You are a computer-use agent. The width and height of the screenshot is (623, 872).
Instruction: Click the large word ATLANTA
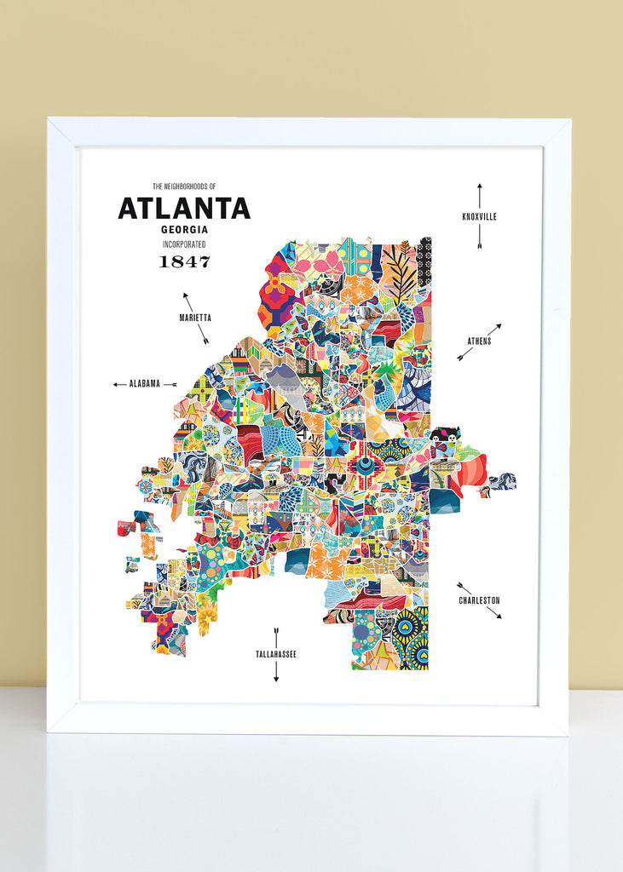pos(184,209)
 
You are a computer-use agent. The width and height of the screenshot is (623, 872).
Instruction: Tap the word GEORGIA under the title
pos(184,229)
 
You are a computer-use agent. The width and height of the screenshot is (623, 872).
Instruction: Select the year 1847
pos(184,261)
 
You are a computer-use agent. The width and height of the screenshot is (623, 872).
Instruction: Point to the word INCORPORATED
pos(184,244)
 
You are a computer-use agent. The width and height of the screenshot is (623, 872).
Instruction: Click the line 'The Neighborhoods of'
pos(184,186)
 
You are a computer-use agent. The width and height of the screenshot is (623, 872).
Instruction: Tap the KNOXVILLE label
pos(479,217)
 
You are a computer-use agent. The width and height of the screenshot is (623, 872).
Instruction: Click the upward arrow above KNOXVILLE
pos(479,195)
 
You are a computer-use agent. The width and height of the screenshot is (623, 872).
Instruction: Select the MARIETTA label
pos(195,318)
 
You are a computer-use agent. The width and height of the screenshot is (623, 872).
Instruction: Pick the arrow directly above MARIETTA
pos(187,301)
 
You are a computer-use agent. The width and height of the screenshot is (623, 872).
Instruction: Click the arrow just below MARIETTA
pos(204,335)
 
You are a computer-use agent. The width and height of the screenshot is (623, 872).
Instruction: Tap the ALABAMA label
pos(145,384)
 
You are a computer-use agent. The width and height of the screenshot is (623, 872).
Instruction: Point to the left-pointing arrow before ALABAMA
pos(119,384)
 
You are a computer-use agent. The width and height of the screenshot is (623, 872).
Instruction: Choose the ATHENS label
pos(479,341)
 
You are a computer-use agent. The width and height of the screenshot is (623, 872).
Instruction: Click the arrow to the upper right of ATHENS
pos(493,329)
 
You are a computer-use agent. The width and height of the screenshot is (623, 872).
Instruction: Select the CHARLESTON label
pos(479,600)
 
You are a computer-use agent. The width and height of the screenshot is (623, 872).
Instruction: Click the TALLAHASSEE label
pos(276,654)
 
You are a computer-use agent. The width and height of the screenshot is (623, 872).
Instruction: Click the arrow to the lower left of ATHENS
pos(464,355)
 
